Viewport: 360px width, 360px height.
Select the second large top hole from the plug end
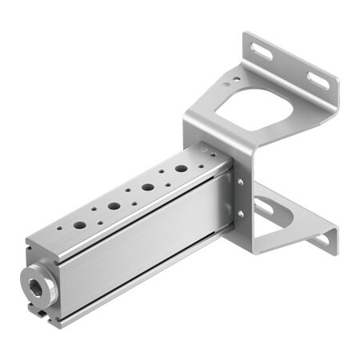114,206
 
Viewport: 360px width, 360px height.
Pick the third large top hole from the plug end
149,187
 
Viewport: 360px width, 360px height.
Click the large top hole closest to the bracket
181,170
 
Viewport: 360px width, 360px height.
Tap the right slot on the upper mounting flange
317,80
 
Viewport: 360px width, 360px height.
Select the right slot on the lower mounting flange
320,239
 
